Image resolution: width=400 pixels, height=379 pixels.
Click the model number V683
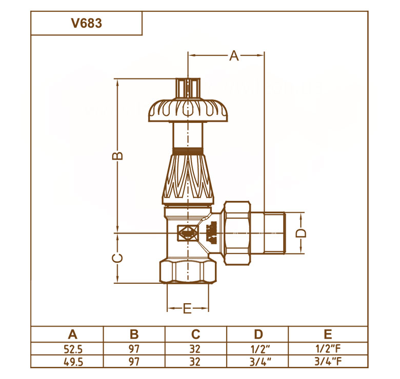pos(87,23)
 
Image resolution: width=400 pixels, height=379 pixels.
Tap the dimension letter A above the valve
pos(234,56)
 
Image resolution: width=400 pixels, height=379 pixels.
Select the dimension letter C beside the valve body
pos(117,258)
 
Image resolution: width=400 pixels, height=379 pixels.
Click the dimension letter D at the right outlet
pos(301,233)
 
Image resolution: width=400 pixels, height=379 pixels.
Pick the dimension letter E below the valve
pos(187,308)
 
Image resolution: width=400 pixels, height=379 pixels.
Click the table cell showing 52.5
pos(73,349)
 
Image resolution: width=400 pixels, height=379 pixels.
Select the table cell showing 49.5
pos(73,362)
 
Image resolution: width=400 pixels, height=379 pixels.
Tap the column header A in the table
pos(73,334)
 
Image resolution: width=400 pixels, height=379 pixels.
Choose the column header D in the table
pos(258,334)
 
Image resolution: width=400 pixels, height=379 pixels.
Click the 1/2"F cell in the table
pos(328,349)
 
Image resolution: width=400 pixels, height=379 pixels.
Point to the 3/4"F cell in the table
pos(328,362)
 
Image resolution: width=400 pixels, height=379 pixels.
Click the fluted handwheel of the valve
pos(188,110)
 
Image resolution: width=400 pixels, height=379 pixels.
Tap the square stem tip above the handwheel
pos(188,88)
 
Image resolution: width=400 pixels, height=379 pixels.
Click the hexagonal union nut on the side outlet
pos(237,233)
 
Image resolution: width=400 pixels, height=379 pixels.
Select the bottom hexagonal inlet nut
pos(188,271)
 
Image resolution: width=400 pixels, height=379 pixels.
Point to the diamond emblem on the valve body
pos(188,233)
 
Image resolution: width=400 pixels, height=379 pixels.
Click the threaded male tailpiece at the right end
pos(274,233)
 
